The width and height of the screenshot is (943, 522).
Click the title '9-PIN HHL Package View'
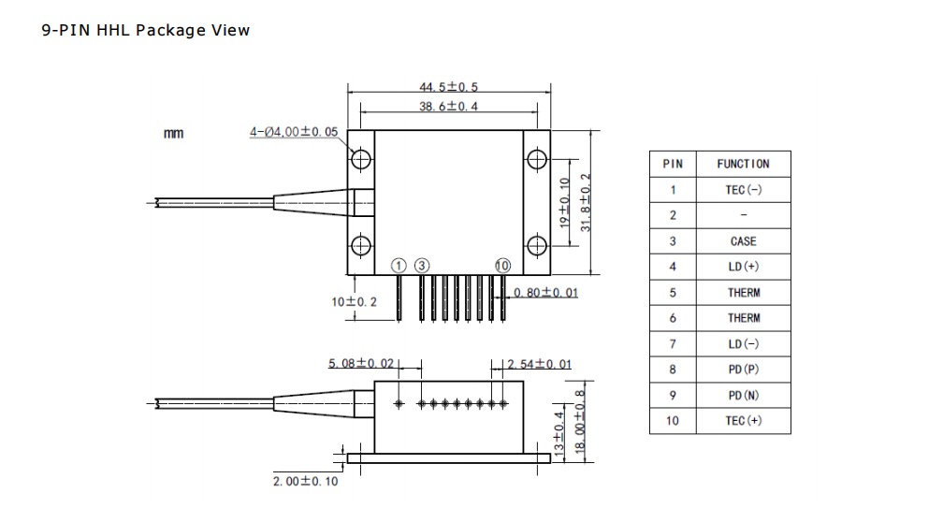[x=146, y=30]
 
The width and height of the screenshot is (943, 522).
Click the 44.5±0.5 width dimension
[x=448, y=87]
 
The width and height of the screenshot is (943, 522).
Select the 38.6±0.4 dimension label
[x=448, y=107]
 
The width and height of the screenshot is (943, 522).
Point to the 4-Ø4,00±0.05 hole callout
[x=294, y=133]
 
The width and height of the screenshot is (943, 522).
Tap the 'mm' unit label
[x=174, y=134]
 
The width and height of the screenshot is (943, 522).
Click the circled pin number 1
[x=399, y=267]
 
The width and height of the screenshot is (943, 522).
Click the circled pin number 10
[x=503, y=267]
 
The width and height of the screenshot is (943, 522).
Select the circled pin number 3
[x=422, y=267]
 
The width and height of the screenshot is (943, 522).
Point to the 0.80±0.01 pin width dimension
[x=545, y=292]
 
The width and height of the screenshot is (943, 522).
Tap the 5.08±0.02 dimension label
[x=361, y=363]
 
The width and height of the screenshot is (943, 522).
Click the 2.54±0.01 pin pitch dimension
[x=539, y=363]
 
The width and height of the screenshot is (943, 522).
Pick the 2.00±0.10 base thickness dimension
[x=305, y=481]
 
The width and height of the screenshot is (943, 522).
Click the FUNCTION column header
[x=743, y=164]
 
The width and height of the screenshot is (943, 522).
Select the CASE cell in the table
[x=743, y=241]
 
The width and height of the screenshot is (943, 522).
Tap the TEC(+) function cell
[x=743, y=421]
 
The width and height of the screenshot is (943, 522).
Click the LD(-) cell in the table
[x=743, y=344]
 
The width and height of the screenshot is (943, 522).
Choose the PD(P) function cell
[x=743, y=370]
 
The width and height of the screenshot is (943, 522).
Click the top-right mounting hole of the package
[x=536, y=159]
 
